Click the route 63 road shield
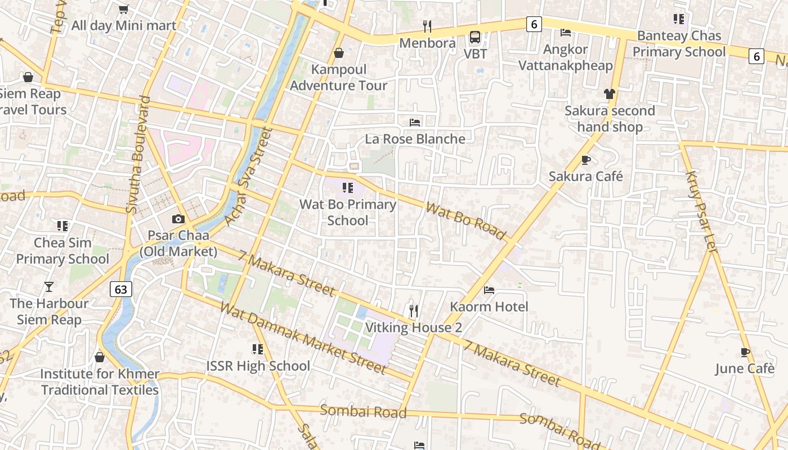pos(121,289)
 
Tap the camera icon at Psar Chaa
pos(178,219)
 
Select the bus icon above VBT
pos(475,37)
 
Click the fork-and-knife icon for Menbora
pos(427,26)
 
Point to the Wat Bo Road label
pos(465,221)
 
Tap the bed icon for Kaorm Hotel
pos(489,290)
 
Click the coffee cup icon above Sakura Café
pos(586,160)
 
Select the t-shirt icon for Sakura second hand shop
pos(610,94)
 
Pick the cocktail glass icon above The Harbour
pos(49,287)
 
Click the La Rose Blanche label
pos(415,139)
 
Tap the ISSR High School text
pos(258,366)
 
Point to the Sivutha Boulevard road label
pos(138,155)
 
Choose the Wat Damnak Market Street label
pos(303,338)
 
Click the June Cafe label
pos(745,368)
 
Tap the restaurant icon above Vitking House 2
pos(414,310)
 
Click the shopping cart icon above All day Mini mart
pos(124,9)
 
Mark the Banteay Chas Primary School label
pos(679,44)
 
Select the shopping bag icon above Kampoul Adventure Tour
pos(339,53)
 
